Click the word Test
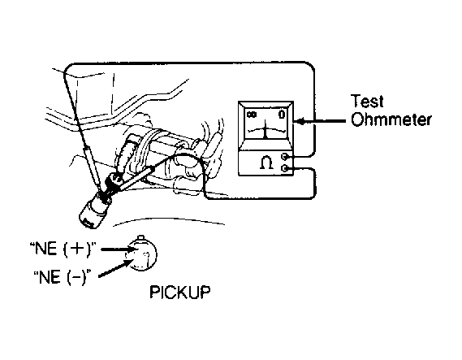click(367, 101)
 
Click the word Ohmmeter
click(391, 119)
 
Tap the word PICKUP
click(180, 292)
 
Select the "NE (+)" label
click(63, 249)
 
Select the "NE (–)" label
click(62, 277)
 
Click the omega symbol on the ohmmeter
click(266, 163)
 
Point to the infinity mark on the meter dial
click(252, 115)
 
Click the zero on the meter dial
click(282, 114)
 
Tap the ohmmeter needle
click(266, 129)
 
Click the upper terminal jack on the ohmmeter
click(285, 156)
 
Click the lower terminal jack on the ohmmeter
click(285, 168)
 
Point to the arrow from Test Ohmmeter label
click(320, 121)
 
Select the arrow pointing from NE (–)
click(115, 269)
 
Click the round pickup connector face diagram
click(143, 254)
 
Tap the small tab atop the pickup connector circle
click(140, 237)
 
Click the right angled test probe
click(136, 179)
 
